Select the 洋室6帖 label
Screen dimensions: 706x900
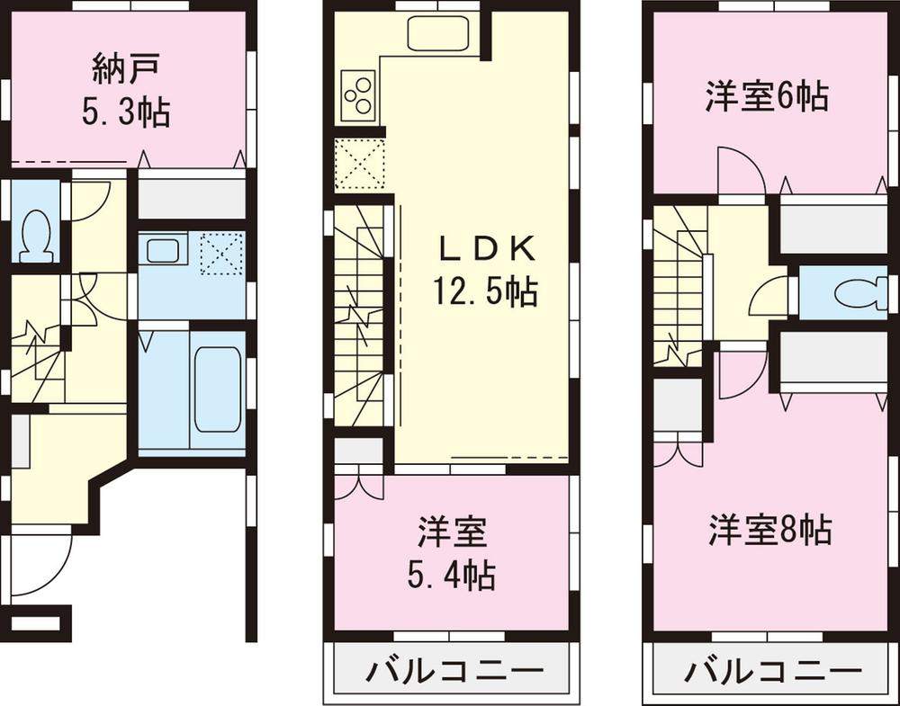coord(766,95)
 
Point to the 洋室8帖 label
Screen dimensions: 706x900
coord(769,529)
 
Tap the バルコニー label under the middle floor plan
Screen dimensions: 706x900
coord(454,672)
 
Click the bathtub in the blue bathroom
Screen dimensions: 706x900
coord(217,388)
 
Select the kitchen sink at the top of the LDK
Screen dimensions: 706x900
coord(436,34)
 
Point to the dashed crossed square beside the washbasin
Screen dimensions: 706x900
coord(221,253)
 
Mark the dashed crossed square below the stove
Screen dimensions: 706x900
coord(358,164)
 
